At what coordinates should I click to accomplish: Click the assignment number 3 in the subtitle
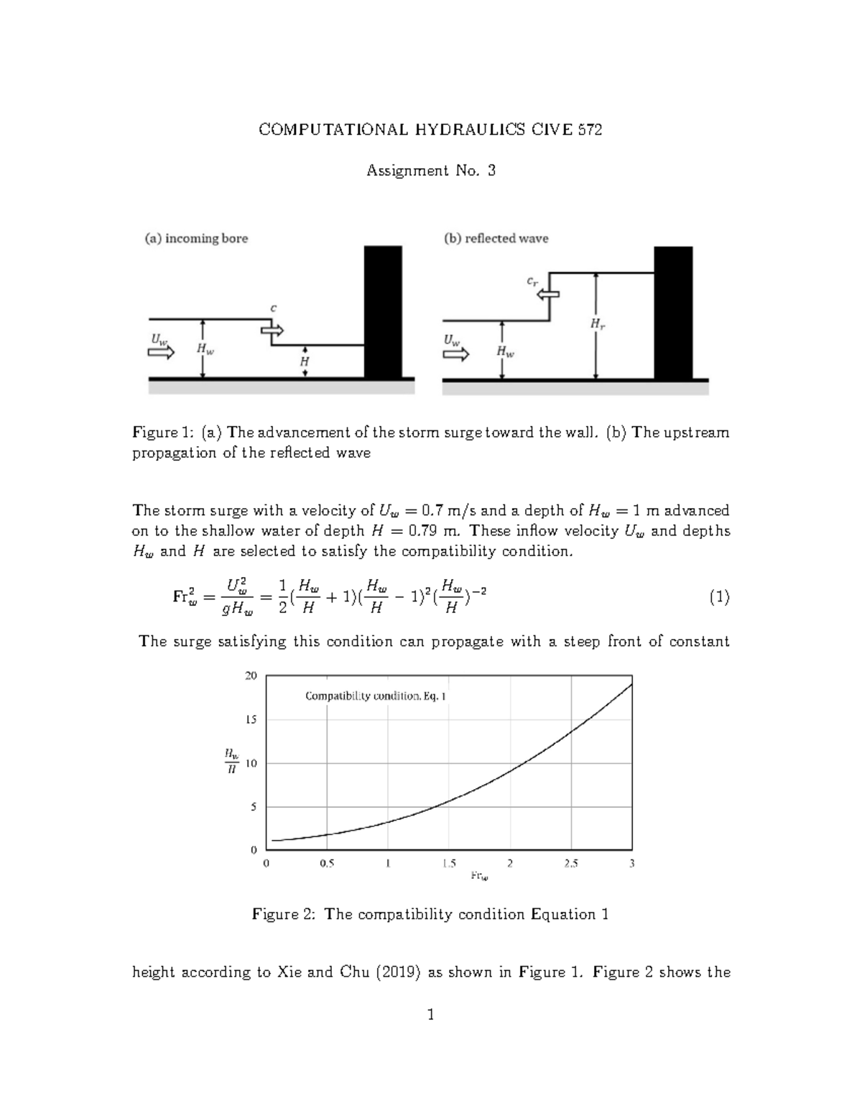[491, 171]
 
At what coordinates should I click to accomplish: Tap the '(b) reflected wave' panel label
[496, 239]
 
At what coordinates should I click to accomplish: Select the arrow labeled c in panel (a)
[273, 330]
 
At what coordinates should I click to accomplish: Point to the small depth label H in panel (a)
[305, 362]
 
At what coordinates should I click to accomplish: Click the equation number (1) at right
[719, 597]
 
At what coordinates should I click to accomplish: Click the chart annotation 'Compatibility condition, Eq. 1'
[376, 696]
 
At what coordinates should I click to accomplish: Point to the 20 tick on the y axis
[251, 675]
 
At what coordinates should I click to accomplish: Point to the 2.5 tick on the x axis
[571, 864]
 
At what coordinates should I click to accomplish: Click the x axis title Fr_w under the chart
[479, 876]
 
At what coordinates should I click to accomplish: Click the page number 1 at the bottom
[431, 1015]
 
